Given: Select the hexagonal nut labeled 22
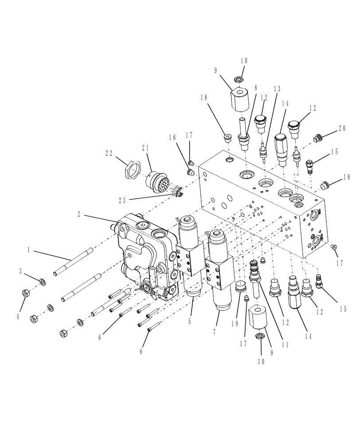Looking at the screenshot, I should [131, 169].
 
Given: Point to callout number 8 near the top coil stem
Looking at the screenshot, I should [255, 88].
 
